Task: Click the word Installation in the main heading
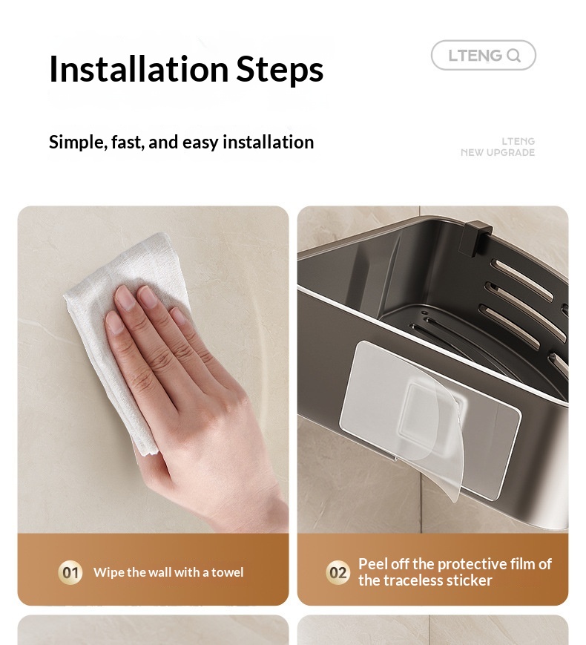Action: [139, 69]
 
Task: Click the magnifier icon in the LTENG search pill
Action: [513, 56]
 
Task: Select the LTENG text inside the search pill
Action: [475, 56]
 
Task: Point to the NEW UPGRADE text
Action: [498, 153]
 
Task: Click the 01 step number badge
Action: [70, 572]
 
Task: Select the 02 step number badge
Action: [338, 572]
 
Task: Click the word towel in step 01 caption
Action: [228, 572]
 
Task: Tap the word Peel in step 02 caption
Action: [372, 564]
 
